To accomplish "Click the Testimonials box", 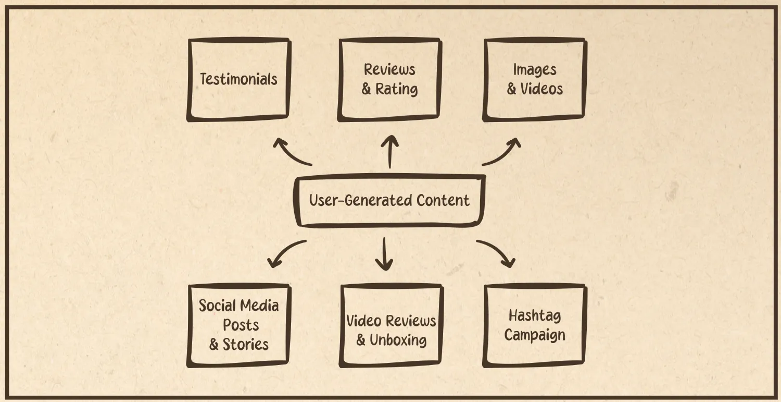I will pyautogui.click(x=238, y=80).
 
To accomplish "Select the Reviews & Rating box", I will pyautogui.click(x=389, y=80).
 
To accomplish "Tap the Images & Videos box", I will pyautogui.click(x=535, y=80).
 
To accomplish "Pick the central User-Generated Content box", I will pyautogui.click(x=389, y=201).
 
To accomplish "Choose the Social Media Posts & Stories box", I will pyautogui.click(x=238, y=325).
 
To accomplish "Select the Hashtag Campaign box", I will pyautogui.click(x=535, y=325).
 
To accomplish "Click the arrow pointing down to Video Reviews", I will pyautogui.click(x=384, y=254).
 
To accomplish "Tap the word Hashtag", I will pyautogui.click(x=535, y=316).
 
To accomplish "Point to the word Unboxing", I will pyautogui.click(x=398, y=340).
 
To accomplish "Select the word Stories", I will pyautogui.click(x=246, y=345).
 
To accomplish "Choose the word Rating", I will pyautogui.click(x=397, y=89).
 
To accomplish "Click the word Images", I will pyautogui.click(x=535, y=70).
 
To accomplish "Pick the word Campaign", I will pyautogui.click(x=535, y=335).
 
